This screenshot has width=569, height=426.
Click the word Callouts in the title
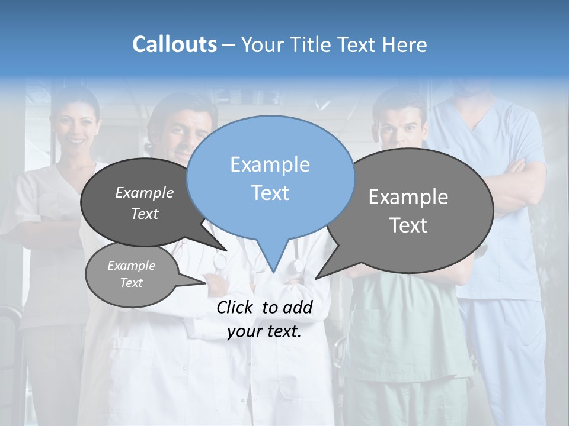pos(174,44)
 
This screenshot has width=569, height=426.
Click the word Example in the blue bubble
pos(270,164)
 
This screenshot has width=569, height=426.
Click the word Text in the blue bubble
pos(270,193)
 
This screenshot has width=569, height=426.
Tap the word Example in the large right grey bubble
pos(408,197)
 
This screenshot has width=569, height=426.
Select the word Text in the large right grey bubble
pos(408,225)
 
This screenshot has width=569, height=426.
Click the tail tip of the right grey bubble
pos(318,277)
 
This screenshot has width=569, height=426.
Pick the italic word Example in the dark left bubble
pos(145,192)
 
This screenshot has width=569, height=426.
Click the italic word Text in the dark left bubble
pos(145,214)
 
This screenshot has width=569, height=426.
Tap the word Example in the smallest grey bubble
pos(131,266)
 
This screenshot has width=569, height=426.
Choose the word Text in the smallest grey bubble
pos(131,283)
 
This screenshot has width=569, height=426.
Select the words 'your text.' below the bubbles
pos(264,331)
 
